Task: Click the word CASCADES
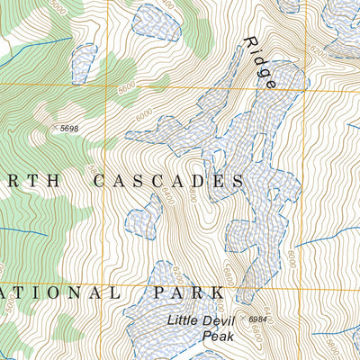[169, 181]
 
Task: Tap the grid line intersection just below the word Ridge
[307, 86]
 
